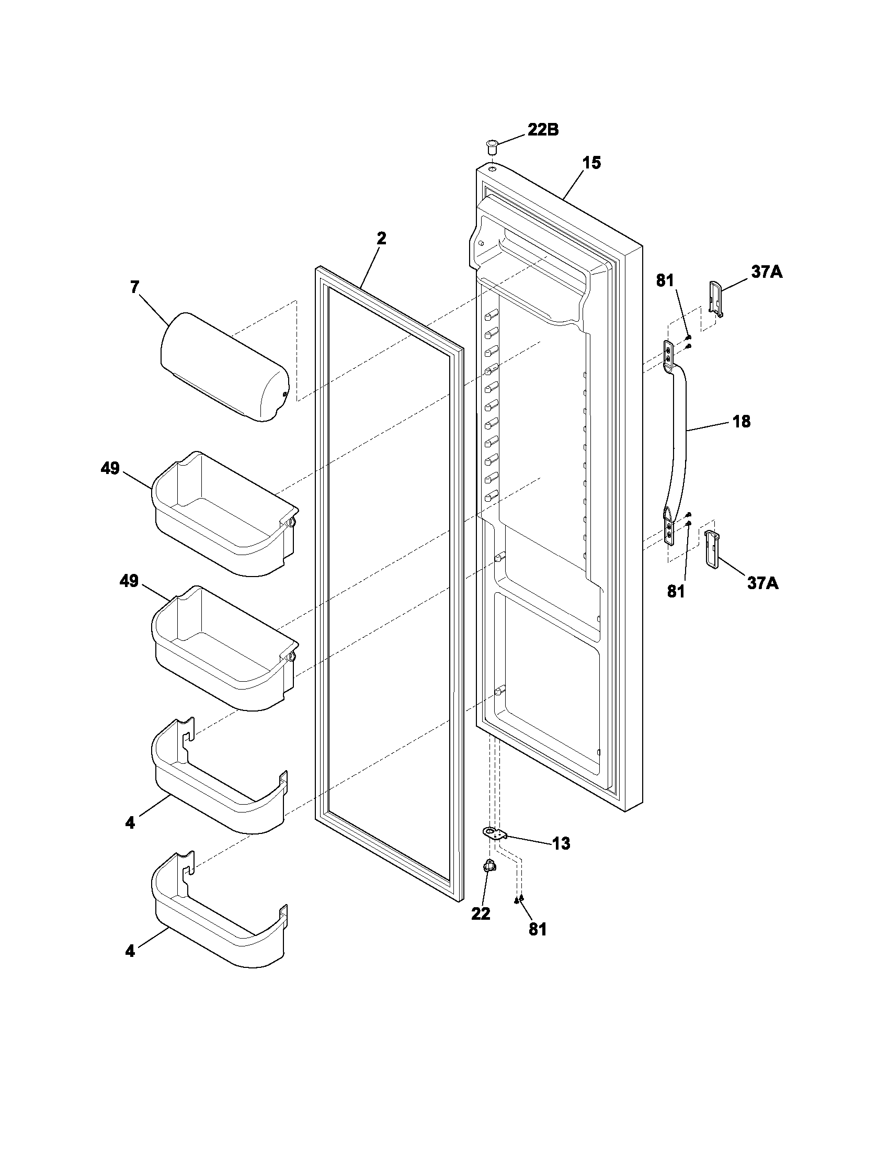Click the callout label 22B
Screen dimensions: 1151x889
543,130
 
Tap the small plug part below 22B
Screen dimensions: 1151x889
492,146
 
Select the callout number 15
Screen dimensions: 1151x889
591,163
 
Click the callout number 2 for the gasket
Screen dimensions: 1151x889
381,238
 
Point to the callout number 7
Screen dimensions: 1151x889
135,287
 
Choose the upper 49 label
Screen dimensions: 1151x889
110,468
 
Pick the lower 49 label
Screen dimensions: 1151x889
129,581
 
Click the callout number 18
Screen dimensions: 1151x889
742,422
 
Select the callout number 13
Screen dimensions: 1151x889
562,844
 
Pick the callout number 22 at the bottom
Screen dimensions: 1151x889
480,913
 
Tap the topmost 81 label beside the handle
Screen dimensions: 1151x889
665,281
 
